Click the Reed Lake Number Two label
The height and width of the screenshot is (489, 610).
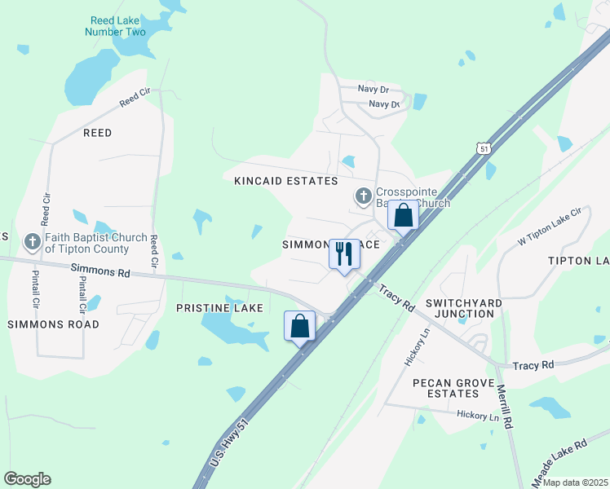pyautogui.click(x=115, y=25)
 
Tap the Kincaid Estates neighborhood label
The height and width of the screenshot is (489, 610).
pyautogui.click(x=285, y=180)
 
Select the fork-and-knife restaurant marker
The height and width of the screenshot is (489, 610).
pyautogui.click(x=344, y=253)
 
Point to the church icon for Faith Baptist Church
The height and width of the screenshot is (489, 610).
pyautogui.click(x=33, y=242)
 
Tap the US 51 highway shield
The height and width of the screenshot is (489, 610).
pyautogui.click(x=485, y=149)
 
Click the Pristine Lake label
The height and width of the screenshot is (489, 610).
pyautogui.click(x=219, y=307)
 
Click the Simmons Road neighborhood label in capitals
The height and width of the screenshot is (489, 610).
pyautogui.click(x=54, y=324)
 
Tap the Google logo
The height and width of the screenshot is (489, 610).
pyautogui.click(x=27, y=479)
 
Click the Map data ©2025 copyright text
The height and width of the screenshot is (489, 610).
pyautogui.click(x=574, y=482)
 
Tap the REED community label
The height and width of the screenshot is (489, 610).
pyautogui.click(x=96, y=132)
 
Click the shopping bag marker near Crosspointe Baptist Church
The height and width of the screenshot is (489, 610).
pyautogui.click(x=403, y=215)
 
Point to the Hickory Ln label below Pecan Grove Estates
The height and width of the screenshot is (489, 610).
pyautogui.click(x=477, y=416)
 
